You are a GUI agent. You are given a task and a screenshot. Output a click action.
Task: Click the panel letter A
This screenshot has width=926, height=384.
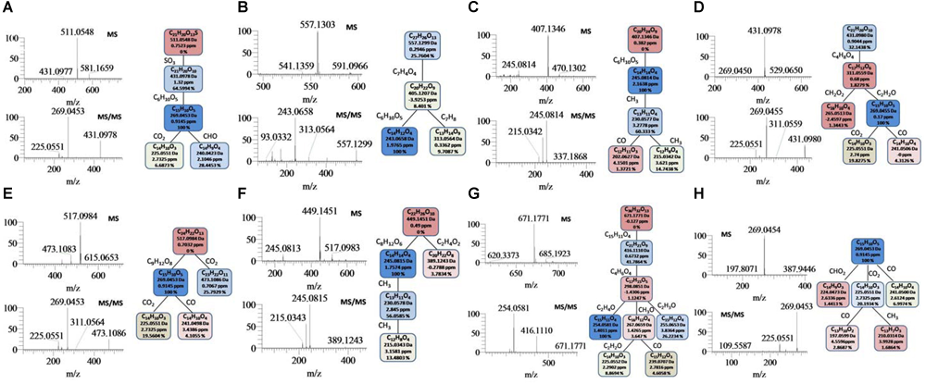pos(9,8)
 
